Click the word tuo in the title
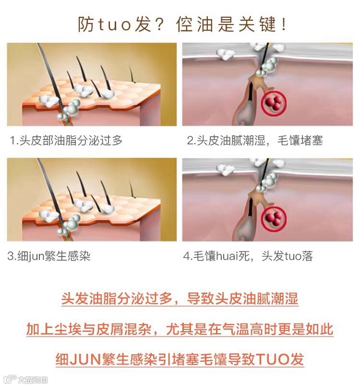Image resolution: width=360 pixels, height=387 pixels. (x=114, y=25)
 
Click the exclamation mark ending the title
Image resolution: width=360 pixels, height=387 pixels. (x=284, y=24)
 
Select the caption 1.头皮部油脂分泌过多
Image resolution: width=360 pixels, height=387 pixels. (x=66, y=140)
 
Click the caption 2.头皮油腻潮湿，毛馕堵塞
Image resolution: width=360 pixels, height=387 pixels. (x=255, y=141)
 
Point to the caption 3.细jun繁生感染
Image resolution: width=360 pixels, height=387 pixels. (x=48, y=256)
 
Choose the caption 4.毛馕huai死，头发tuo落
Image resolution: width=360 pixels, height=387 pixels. (x=248, y=256)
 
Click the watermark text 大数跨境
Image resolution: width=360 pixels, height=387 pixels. (x=33, y=380)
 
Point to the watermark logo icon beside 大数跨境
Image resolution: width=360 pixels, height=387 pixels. (x=10, y=379)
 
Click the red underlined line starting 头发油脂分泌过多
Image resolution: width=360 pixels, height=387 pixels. (x=180, y=299)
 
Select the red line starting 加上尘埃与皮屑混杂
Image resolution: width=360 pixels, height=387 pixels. (x=180, y=329)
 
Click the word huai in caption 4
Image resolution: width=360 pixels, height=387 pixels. (x=227, y=256)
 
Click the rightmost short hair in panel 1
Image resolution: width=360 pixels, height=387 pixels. (x=132, y=74)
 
